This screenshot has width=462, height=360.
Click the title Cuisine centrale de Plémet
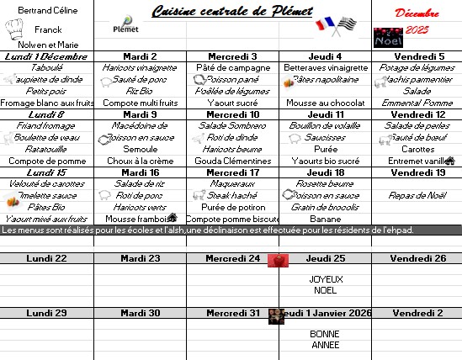(x=231, y=11)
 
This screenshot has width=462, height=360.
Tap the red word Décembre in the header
(x=417, y=13)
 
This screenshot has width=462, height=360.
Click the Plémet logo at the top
(x=126, y=24)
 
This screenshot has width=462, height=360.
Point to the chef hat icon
(x=14, y=29)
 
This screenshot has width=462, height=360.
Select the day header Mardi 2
(x=140, y=56)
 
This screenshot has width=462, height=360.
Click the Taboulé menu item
(x=47, y=67)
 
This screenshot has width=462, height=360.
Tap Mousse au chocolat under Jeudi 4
(x=324, y=103)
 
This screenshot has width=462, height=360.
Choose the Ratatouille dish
(x=47, y=149)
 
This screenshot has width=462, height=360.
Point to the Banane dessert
(x=325, y=219)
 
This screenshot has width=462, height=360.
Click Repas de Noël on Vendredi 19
(x=417, y=195)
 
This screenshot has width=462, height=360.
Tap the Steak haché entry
(x=232, y=195)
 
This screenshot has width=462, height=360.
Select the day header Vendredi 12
(x=417, y=114)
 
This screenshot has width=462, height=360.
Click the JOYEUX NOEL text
(x=325, y=284)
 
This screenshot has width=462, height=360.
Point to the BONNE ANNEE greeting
(x=325, y=339)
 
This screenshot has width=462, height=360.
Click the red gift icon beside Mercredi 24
(x=274, y=260)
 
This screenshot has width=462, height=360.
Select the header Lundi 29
(x=47, y=313)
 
